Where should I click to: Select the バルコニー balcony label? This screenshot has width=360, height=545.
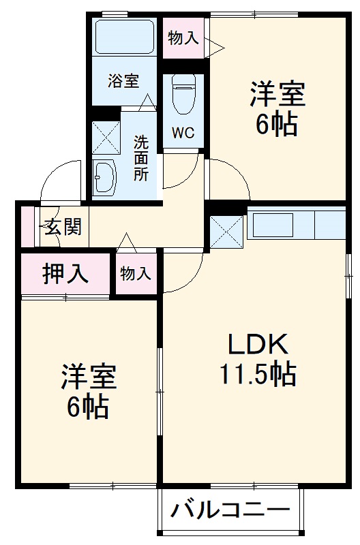click(x=230, y=510)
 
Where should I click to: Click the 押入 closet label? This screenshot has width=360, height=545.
click(x=65, y=274)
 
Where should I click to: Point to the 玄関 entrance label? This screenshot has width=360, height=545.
click(x=63, y=226)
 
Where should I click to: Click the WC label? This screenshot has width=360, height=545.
click(x=183, y=132)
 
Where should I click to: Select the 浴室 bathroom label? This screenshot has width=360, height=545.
click(x=123, y=81)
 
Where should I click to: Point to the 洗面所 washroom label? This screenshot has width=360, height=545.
click(x=140, y=157)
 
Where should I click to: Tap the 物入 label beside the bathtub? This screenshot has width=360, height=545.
click(x=183, y=38)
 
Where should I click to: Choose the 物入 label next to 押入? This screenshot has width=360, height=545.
click(x=136, y=273)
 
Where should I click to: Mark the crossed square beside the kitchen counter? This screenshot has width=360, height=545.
click(x=226, y=231)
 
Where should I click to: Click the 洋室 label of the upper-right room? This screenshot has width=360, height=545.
click(x=276, y=93)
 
